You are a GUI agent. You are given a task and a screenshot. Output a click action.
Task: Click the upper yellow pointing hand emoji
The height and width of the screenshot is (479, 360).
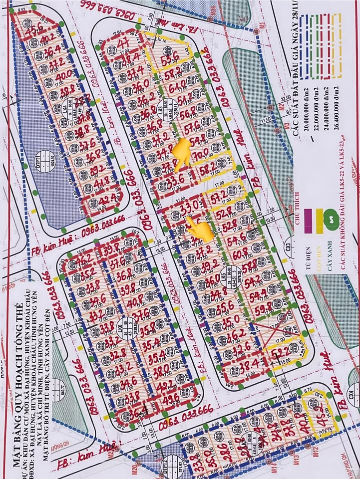click(x=182, y=151)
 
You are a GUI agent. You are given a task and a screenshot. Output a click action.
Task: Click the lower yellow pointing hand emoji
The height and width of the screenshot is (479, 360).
click(x=200, y=229)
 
